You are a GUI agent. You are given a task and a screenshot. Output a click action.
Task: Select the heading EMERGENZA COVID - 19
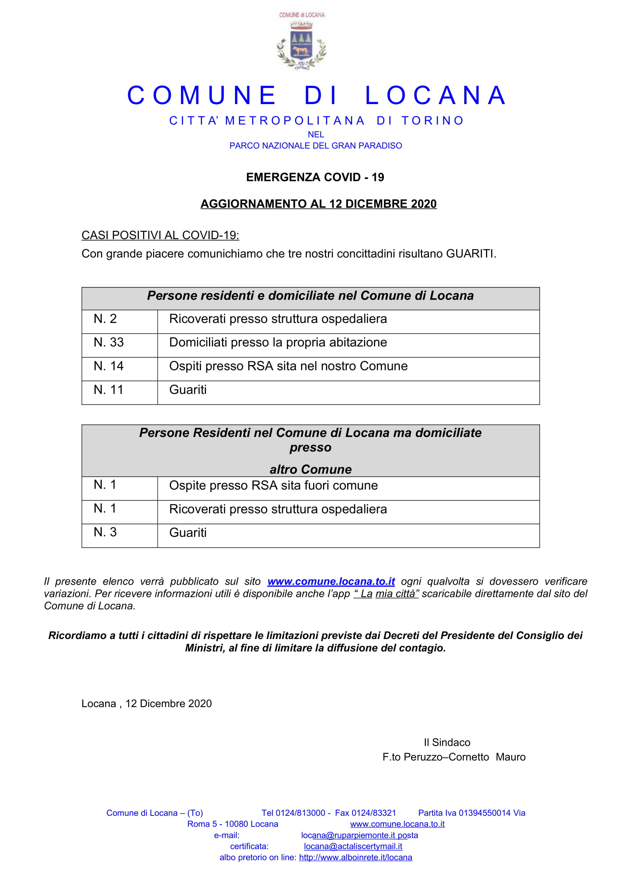[x=315, y=178]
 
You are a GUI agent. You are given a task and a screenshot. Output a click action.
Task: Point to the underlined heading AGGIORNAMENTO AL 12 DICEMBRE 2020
[x=318, y=204]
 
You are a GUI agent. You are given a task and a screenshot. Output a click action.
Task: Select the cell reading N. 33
[x=109, y=342]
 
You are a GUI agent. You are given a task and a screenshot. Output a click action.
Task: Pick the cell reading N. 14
[x=109, y=367]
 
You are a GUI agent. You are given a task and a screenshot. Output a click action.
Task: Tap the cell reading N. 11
[x=109, y=390]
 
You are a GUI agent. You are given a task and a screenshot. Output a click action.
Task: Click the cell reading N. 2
[x=105, y=319]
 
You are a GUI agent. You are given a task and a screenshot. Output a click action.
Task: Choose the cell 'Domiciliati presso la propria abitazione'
[x=278, y=342]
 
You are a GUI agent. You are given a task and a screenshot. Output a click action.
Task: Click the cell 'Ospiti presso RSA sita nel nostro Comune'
[x=288, y=367]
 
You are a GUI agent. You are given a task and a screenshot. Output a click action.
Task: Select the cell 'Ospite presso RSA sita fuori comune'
[x=273, y=486]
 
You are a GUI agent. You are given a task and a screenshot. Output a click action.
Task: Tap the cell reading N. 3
[x=105, y=533]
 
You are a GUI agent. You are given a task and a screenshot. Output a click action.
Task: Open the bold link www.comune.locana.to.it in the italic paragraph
[x=331, y=582]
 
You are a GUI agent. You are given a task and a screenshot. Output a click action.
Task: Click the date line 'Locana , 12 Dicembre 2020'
[x=147, y=704]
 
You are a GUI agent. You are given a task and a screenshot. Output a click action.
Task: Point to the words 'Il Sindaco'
[x=447, y=743]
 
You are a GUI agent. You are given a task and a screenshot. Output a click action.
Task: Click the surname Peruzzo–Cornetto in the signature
[x=446, y=757]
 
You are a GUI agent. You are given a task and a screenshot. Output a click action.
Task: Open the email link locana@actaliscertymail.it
[x=353, y=847]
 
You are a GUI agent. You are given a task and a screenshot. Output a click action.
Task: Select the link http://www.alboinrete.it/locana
[x=356, y=858]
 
